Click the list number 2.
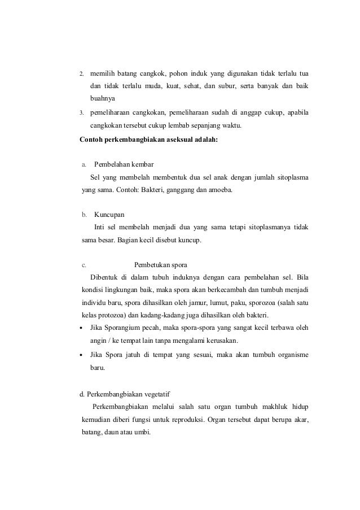(81, 74)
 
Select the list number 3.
(81, 114)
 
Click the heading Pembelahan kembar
(120, 165)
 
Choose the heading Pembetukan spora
(160, 265)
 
